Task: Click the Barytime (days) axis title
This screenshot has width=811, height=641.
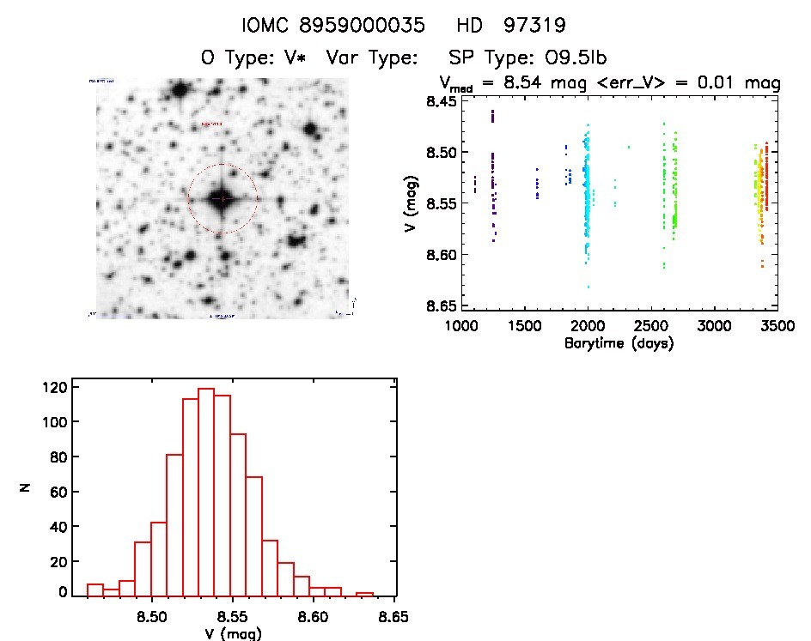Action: (x=619, y=343)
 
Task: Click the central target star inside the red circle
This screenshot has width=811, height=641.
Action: (x=223, y=199)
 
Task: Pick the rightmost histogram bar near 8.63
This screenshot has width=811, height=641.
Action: (x=365, y=595)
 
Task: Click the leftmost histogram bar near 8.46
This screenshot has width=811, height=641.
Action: (x=95, y=590)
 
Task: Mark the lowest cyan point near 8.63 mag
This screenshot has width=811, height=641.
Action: (x=588, y=287)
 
